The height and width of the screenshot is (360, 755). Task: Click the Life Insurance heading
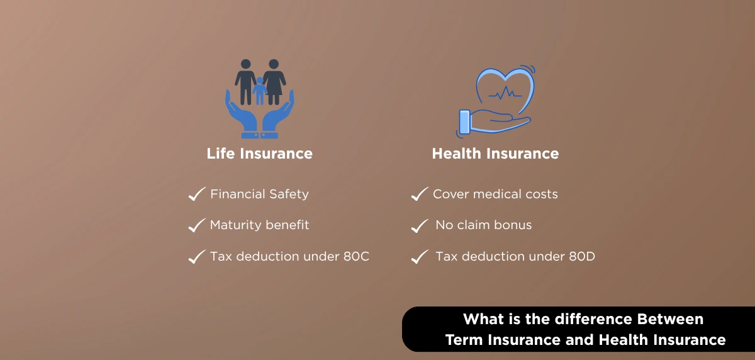(x=259, y=154)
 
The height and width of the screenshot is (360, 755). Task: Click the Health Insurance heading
(x=496, y=154)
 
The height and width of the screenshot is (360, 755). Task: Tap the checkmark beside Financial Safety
(x=197, y=194)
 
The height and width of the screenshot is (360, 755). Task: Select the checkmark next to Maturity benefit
(x=197, y=225)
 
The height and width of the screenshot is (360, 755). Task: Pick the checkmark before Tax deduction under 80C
(x=197, y=257)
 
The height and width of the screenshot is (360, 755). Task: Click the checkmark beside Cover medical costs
(x=420, y=194)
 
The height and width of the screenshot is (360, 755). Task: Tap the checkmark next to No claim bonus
(x=420, y=225)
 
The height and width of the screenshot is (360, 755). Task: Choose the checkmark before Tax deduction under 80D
(x=420, y=257)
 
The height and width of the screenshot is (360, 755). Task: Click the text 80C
(x=356, y=257)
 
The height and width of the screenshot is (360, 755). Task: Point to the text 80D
(x=582, y=257)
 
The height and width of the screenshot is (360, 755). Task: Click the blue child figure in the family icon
(x=259, y=91)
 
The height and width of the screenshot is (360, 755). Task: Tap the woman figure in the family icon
(x=274, y=82)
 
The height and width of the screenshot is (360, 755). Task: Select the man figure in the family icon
(x=246, y=82)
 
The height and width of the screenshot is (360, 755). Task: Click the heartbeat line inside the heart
(x=505, y=93)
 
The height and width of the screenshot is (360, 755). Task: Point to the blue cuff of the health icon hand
(x=465, y=122)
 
